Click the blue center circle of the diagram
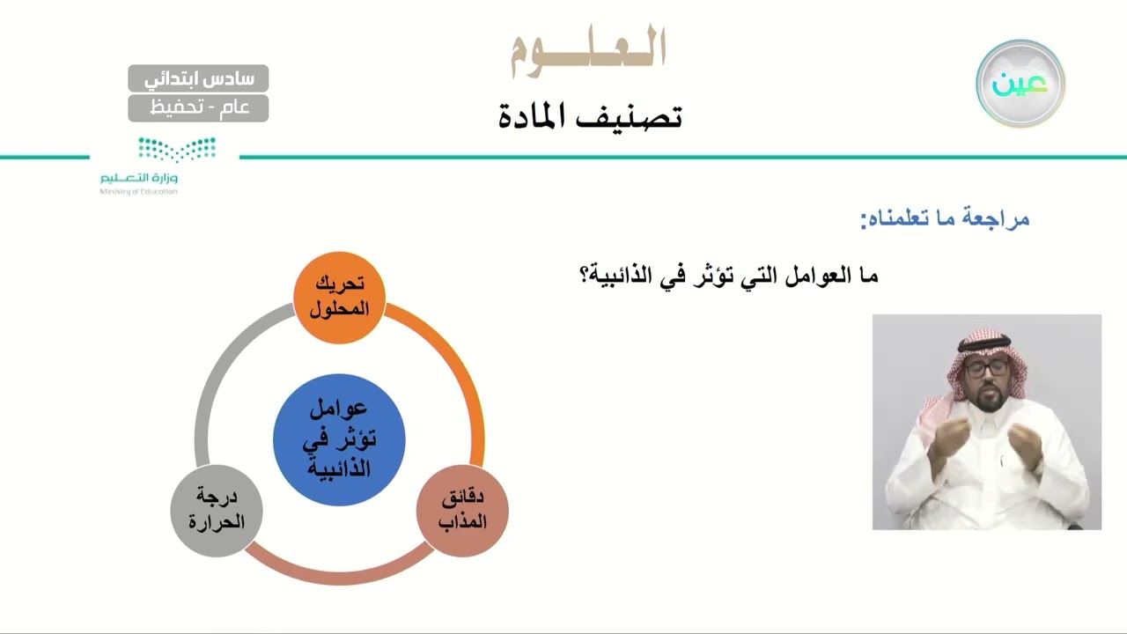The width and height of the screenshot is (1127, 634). pos(339,439)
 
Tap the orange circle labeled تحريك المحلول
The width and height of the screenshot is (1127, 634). pos(339,297)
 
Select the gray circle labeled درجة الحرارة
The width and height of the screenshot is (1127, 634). pos(216,511)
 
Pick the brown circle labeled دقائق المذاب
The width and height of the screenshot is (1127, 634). pos(462,511)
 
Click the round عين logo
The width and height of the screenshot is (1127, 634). pos(1020,84)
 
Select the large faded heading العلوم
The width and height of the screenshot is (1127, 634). pos(588,50)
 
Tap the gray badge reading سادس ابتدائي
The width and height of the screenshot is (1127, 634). pos(198,78)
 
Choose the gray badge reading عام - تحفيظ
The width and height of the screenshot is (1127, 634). pos(198,108)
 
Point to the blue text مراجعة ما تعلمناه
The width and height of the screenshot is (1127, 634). pos(945,218)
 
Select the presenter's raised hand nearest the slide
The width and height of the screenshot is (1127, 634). pos(942,440)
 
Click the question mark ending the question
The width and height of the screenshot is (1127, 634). pos(584,276)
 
